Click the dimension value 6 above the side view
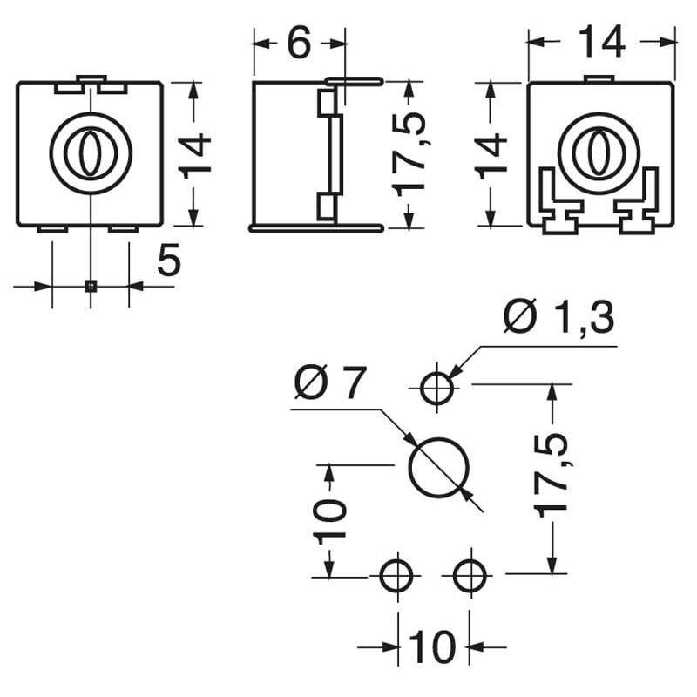[x=298, y=43]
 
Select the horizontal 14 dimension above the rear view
[x=601, y=42]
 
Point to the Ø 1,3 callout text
[x=559, y=319]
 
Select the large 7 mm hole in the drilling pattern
[x=439, y=466]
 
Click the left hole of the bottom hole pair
[x=397, y=575]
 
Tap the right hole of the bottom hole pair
[x=470, y=575]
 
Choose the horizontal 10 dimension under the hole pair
[x=432, y=647]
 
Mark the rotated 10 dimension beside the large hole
[x=331, y=520]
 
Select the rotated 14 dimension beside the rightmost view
[x=492, y=154]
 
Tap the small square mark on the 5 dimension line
[x=91, y=285]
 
